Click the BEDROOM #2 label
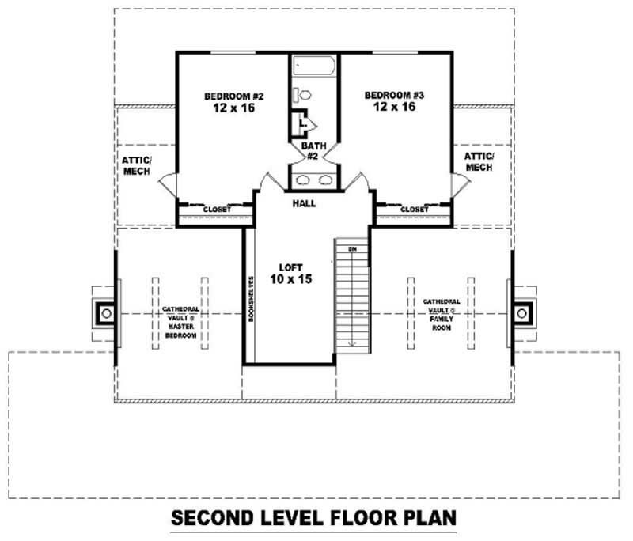click(233, 97)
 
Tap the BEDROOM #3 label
click(394, 96)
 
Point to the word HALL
click(303, 203)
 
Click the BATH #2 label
click(313, 151)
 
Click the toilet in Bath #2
click(304, 95)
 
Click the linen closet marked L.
click(301, 124)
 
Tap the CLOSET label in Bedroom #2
click(217, 210)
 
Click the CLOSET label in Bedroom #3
click(414, 210)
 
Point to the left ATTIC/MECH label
click(137, 165)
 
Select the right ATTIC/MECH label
click(479, 162)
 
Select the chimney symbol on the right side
click(521, 313)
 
